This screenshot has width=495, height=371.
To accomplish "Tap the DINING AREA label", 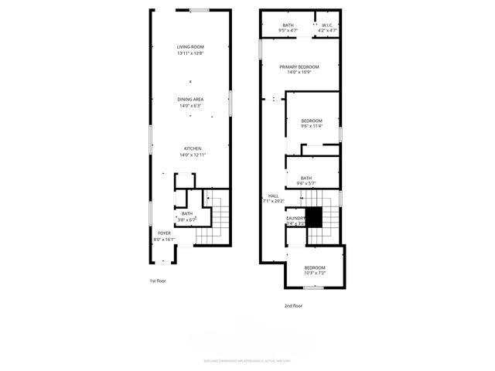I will (189, 100).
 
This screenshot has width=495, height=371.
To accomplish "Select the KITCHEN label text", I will (193, 148).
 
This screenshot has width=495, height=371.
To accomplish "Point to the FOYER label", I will (164, 233).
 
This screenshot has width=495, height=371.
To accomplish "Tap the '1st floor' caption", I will (158, 281).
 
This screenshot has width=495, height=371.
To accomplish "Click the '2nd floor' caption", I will (292, 306).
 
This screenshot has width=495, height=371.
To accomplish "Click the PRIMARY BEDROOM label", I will (299, 67).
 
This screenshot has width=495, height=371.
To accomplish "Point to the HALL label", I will (274, 196).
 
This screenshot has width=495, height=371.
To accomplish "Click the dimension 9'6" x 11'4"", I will (312, 127).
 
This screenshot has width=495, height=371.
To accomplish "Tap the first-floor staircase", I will (217, 217).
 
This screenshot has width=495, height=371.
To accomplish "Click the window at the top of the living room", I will (200, 10).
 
